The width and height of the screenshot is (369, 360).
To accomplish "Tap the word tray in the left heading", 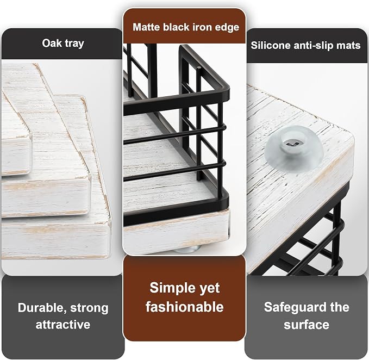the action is (x=74, y=44).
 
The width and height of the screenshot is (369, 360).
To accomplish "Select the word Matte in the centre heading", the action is (x=146, y=27).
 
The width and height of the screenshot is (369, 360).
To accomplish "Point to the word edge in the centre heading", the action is (x=227, y=28).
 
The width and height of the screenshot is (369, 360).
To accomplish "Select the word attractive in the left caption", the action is (x=63, y=325).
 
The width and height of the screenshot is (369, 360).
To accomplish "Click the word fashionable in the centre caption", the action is (x=185, y=307).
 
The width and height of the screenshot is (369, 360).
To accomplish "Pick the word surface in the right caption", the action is (x=307, y=325).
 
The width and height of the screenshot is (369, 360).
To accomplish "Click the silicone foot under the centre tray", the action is (x=187, y=249).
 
